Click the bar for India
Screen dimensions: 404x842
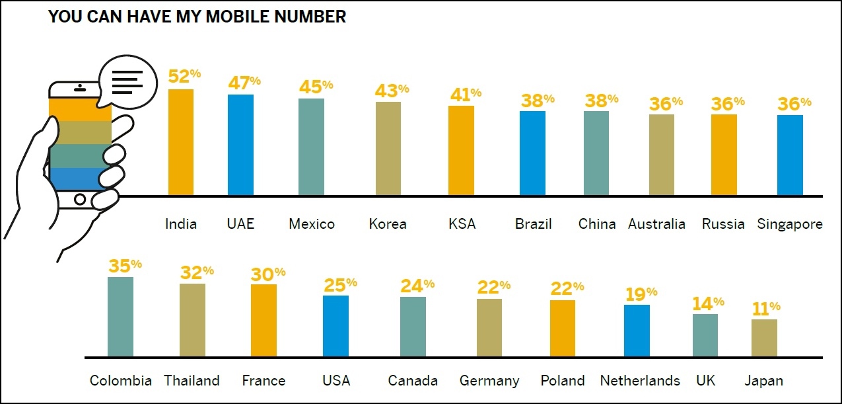(x=181, y=142)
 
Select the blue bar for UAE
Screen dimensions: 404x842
(x=240, y=145)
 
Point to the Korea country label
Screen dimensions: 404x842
(x=388, y=224)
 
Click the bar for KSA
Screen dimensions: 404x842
(x=461, y=151)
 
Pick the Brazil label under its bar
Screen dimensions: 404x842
(x=533, y=224)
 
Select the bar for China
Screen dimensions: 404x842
(x=596, y=153)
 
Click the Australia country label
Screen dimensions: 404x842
(x=656, y=224)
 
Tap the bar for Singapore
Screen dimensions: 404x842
(x=790, y=155)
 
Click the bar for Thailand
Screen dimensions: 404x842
(x=192, y=320)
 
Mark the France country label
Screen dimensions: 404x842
(x=263, y=381)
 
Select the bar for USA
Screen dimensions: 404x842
(x=335, y=326)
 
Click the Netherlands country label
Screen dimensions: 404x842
(x=639, y=381)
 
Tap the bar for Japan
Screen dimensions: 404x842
(x=764, y=338)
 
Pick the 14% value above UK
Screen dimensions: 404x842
(x=708, y=303)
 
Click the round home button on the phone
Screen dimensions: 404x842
(x=80, y=198)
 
